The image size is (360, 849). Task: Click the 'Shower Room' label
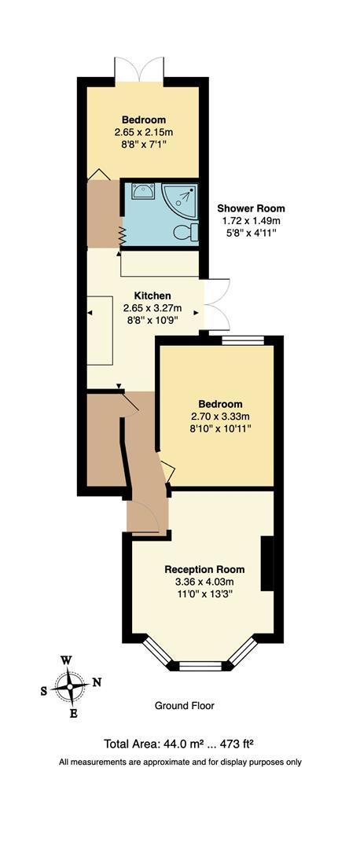click(251, 208)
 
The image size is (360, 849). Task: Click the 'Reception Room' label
click(204, 569)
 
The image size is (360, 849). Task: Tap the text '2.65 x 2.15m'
click(142, 132)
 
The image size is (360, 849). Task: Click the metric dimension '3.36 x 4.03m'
click(204, 582)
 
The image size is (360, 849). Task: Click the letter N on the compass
click(97, 682)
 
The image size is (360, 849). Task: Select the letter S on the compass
click(44, 690)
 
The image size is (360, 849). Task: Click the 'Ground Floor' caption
click(185, 706)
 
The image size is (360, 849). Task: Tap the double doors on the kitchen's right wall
click(215, 303)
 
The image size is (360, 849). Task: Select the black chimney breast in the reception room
click(268, 563)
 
